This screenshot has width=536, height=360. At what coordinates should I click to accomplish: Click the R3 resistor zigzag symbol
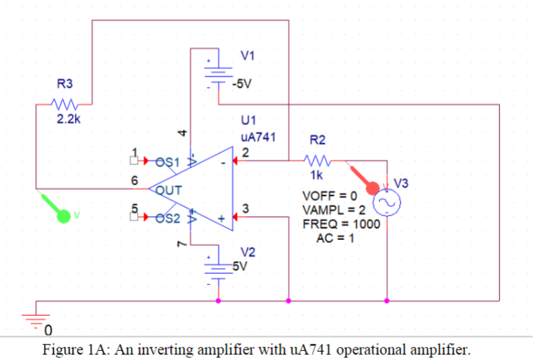pos(61,104)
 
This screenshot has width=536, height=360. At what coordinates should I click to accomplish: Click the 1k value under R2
pos(317,175)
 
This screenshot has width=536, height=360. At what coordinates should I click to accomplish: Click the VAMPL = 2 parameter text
pos(333,209)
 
